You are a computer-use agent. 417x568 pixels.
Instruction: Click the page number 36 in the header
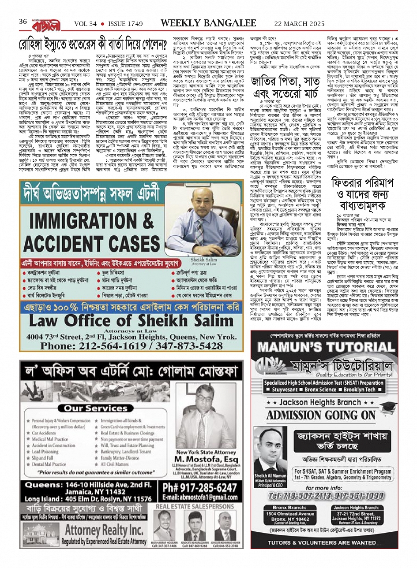[x=23, y=22]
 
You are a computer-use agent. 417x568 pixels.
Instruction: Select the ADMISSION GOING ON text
[x=321, y=415]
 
